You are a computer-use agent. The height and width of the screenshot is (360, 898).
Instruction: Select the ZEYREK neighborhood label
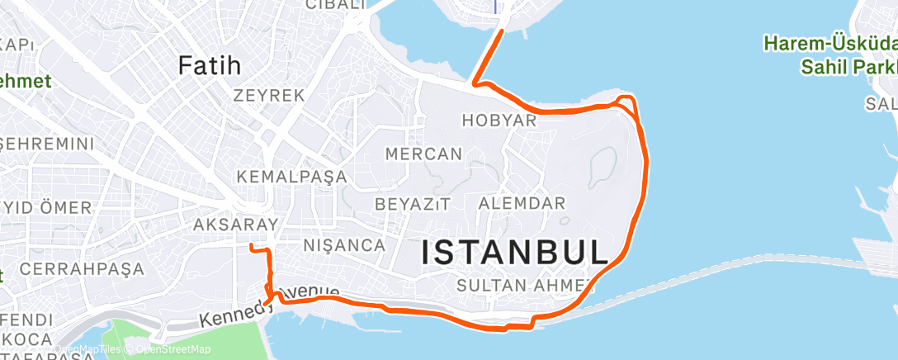pos(269,95)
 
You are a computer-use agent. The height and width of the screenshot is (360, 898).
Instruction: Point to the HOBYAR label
pos(499,121)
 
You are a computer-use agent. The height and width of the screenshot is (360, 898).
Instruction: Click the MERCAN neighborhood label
pos(424,154)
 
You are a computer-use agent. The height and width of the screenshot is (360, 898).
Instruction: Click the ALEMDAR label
pos(522,203)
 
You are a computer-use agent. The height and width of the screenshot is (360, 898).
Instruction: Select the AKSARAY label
pos(228,225)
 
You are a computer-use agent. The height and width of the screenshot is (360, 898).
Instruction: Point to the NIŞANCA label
pos(344,245)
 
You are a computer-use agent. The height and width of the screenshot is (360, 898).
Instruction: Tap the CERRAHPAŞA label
pos(82,269)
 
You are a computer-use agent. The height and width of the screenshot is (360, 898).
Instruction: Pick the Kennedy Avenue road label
pos(269,306)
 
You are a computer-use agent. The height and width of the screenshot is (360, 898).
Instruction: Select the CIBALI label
pos(335,5)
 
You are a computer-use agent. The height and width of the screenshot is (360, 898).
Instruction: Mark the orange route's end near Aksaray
pos(251,246)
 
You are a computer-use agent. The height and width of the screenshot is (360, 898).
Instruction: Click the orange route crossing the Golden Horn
pos(488,56)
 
